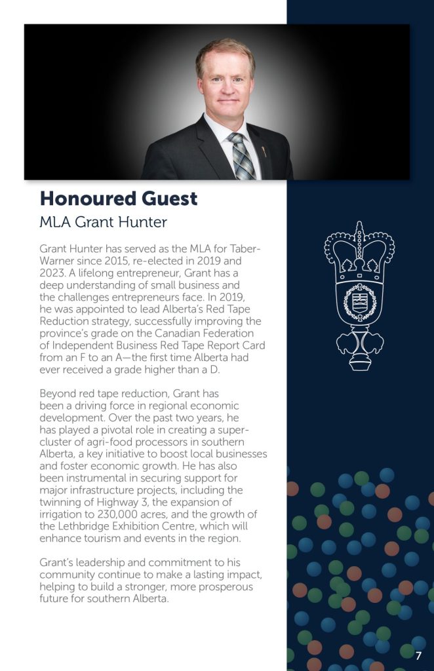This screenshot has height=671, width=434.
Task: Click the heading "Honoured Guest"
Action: pos(118,198)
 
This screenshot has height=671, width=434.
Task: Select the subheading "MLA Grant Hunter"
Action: pos(103,222)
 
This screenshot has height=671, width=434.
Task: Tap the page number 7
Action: pos(418,655)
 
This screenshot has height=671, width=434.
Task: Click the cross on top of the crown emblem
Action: pos(359,227)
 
